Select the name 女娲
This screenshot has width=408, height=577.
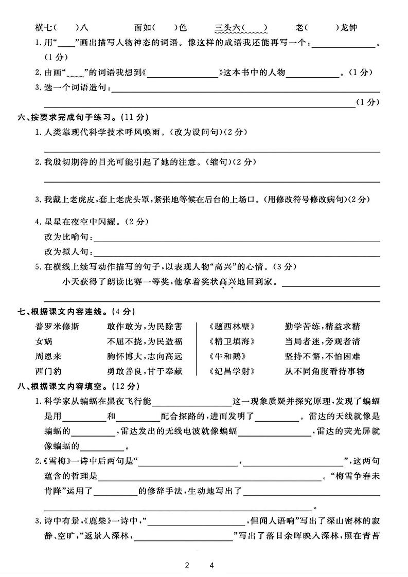[44, 341]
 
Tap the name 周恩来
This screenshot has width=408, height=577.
[47, 356]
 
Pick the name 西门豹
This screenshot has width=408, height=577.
[47, 371]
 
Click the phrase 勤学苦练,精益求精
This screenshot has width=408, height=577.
[322, 326]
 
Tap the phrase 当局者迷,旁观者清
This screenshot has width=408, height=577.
[322, 341]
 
